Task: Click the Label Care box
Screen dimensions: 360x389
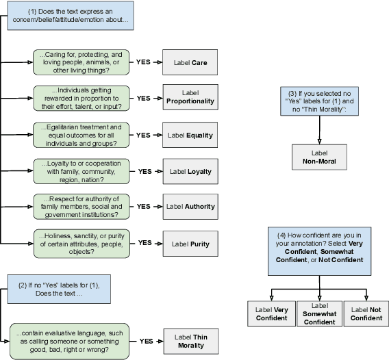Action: point(190,62)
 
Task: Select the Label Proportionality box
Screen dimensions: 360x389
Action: point(190,98)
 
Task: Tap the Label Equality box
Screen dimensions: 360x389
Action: point(190,135)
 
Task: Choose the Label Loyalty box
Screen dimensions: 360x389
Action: point(190,171)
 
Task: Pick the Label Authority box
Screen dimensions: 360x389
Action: point(190,206)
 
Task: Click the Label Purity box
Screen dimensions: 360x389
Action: point(190,243)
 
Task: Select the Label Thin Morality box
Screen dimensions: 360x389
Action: point(190,341)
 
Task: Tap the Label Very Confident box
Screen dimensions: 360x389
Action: point(272,313)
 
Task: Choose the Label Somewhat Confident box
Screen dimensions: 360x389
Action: point(319,313)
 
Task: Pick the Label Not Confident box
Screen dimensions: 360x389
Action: point(366,313)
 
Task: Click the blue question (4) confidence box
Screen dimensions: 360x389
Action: point(319,250)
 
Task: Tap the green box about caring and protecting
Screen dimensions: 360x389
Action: point(81,62)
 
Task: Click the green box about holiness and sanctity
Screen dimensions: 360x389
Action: point(81,243)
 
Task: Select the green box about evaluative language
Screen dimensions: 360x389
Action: point(71,341)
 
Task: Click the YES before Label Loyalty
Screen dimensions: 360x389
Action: point(145,171)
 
